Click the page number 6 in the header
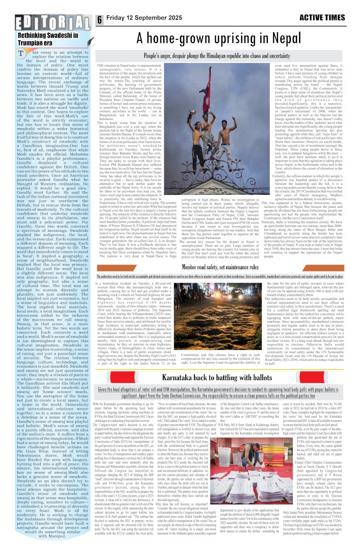point(99,20)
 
